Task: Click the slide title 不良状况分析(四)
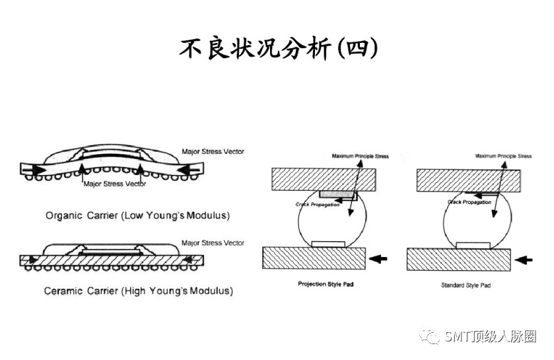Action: pos(277,49)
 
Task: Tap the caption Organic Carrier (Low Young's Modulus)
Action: pos(138,215)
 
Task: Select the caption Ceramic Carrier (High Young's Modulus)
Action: pos(138,291)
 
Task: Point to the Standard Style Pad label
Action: pos(466,285)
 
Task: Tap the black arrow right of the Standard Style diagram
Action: pos(523,260)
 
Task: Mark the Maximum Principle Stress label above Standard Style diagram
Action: pos(503,157)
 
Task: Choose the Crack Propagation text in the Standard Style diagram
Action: pos(469,202)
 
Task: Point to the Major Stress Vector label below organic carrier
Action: pos(114,184)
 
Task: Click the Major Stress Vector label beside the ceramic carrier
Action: pos(213,243)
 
